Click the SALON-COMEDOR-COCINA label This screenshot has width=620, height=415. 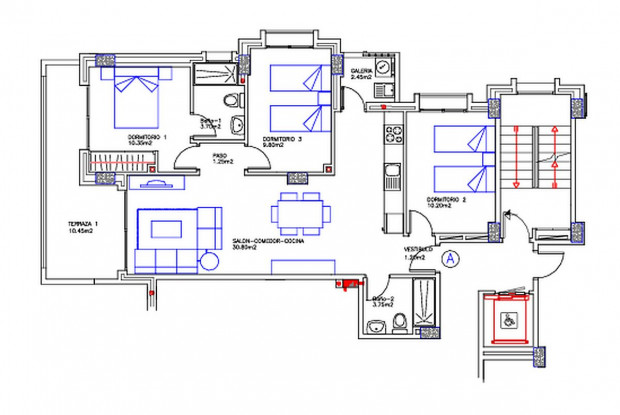(268, 241)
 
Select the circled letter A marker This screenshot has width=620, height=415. (450, 257)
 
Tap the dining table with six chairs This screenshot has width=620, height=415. (298, 212)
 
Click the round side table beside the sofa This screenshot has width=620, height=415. (209, 261)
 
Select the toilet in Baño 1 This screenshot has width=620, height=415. (232, 100)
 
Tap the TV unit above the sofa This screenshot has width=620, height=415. (155, 183)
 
